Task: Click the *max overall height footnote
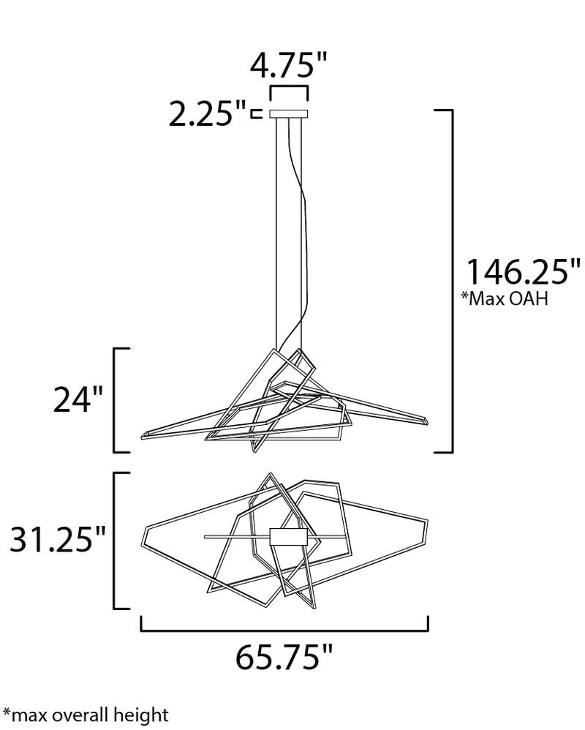point(86,714)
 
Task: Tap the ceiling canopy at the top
point(290,114)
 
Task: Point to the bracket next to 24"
point(118,399)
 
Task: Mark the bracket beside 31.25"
point(118,540)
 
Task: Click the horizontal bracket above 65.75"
point(284,627)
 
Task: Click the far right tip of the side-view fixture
point(427,422)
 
